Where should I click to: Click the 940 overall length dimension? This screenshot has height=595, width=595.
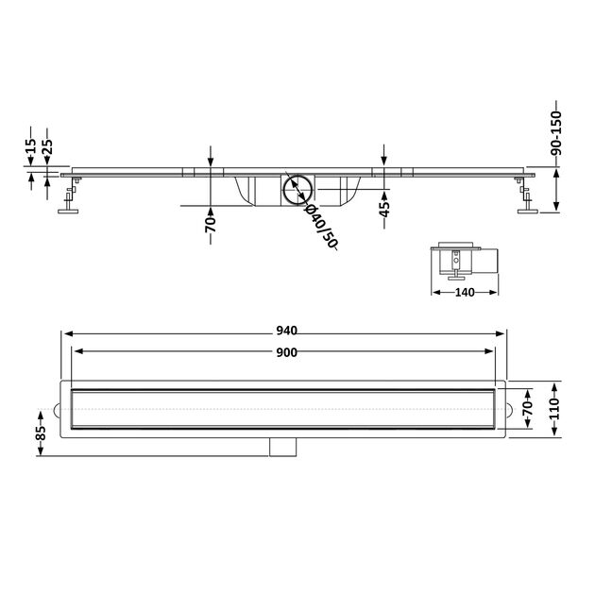(286, 331)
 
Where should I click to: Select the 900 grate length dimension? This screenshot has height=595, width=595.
(286, 353)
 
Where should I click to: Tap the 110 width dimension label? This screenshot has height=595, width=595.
(554, 408)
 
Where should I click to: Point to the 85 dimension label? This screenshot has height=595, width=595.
(41, 433)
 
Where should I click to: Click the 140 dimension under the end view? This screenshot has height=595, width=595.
(465, 292)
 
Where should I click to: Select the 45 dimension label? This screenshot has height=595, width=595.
(384, 209)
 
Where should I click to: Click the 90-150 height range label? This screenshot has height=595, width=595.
(556, 133)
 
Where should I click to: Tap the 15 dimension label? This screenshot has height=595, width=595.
(31, 145)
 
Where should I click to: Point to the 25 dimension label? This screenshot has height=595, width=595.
(47, 146)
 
